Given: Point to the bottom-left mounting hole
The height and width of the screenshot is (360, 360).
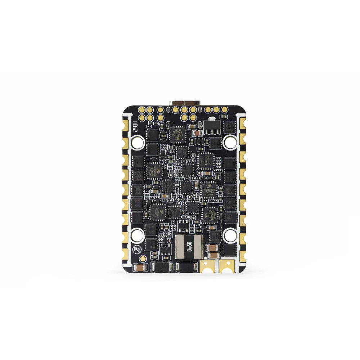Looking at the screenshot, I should (137, 236).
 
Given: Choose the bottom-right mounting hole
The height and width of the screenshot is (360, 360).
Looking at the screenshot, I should (229, 236).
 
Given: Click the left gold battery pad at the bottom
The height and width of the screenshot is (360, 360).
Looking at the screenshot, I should (206, 266).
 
